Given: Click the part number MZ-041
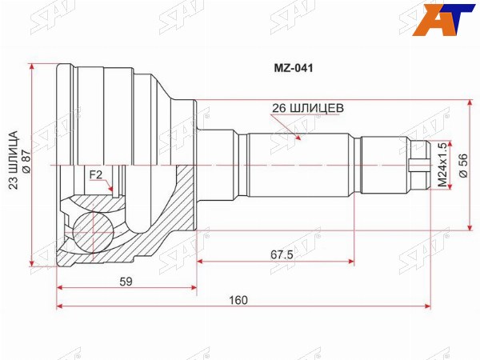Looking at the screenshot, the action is [294, 68].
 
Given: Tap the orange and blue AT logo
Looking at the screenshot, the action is [443, 19].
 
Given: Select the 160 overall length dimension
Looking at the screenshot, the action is [238, 300].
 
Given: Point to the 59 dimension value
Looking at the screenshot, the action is [126, 282].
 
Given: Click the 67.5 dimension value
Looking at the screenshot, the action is [282, 254].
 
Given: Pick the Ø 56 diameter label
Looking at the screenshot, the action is [463, 166].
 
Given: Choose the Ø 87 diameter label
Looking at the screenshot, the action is [26, 161].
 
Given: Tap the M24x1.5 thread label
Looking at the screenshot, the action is [442, 166].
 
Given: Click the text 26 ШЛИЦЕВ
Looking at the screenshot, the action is [308, 108].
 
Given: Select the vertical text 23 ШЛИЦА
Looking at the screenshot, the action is [14, 161].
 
